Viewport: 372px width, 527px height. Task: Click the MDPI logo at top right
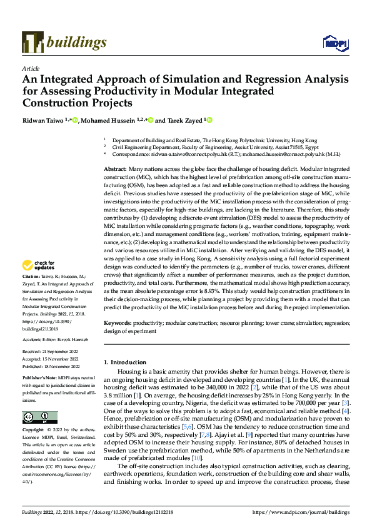[335, 43]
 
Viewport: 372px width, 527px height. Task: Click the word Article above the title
[31, 68]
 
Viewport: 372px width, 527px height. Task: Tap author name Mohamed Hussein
[106, 120]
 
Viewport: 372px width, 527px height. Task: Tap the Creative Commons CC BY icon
[39, 417]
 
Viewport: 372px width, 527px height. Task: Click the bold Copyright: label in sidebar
[34, 431]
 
